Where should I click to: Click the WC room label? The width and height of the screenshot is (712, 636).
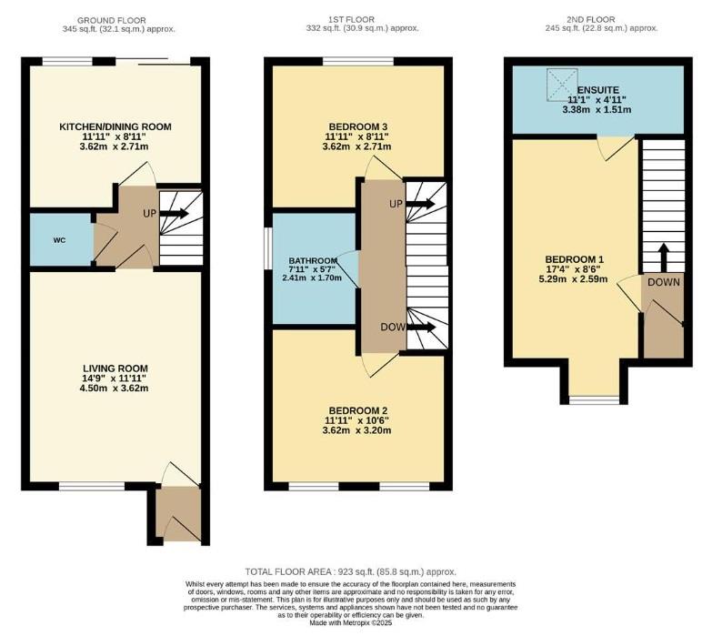pyautogui.click(x=59, y=241)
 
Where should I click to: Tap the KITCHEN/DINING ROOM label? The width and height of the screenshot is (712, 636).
pyautogui.click(x=115, y=126)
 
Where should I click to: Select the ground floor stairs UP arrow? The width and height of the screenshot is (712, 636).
pyautogui.click(x=175, y=214)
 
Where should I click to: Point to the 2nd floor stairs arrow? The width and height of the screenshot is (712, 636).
pyautogui.click(x=663, y=257)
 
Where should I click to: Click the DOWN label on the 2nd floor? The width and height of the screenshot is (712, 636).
pyautogui.click(x=663, y=282)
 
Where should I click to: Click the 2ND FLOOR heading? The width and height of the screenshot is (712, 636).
pyautogui.click(x=592, y=19)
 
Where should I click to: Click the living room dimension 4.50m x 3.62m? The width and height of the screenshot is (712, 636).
pyautogui.click(x=115, y=389)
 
